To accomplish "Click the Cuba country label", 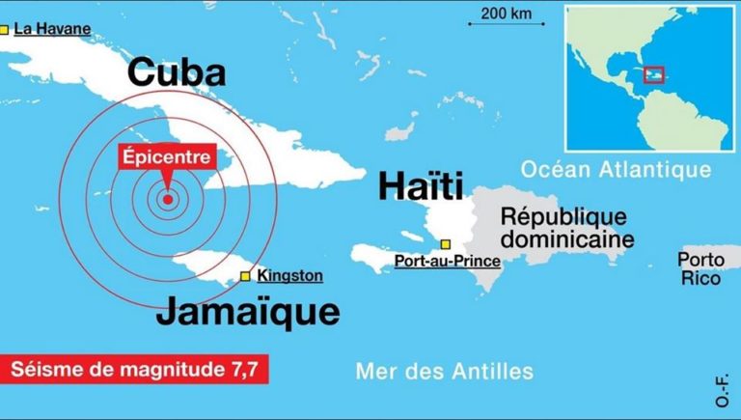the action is (x=177, y=72).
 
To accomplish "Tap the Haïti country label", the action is (x=421, y=185).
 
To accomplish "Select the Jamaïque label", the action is (x=248, y=312).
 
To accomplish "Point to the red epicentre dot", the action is (x=168, y=200).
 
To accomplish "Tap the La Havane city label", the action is (x=52, y=30).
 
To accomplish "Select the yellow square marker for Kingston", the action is (x=246, y=276).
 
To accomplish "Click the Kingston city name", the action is (x=289, y=276).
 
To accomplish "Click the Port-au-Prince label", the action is (x=448, y=261).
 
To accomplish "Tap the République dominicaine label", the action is (x=563, y=227).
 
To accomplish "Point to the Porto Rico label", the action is (x=700, y=269).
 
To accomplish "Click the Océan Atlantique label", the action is (x=616, y=170).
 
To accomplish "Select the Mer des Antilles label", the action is (x=444, y=371).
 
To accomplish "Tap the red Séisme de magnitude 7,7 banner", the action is (x=134, y=369).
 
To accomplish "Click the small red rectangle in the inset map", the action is (x=653, y=74).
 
